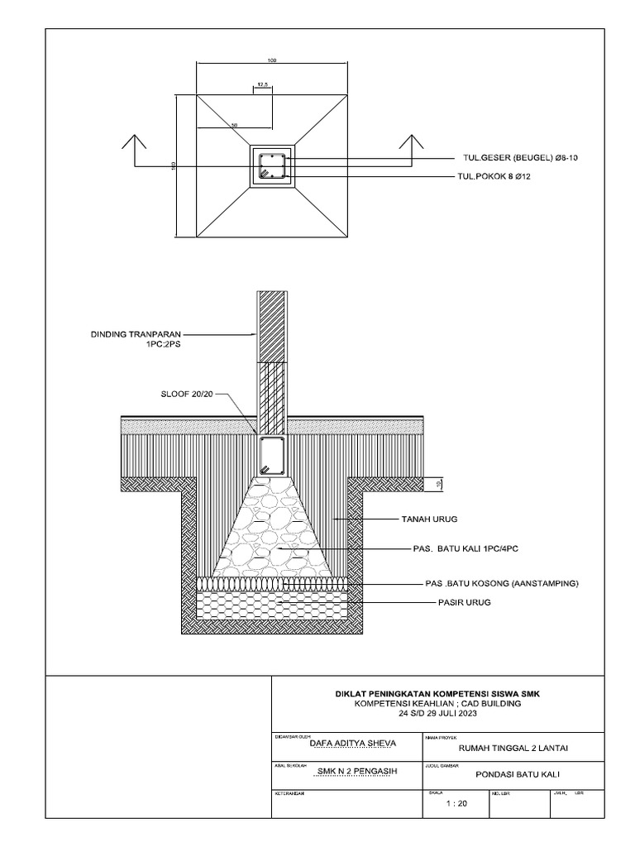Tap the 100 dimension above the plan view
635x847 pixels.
pyautogui.click(x=272, y=60)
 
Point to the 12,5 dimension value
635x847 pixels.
pyautogui.click(x=263, y=84)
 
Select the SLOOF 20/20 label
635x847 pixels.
pyautogui.click(x=187, y=395)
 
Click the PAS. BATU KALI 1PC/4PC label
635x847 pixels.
pyautogui.click(x=466, y=548)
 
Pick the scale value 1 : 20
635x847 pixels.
pyautogui.click(x=456, y=803)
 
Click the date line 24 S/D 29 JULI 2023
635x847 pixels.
pyautogui.click(x=437, y=712)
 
